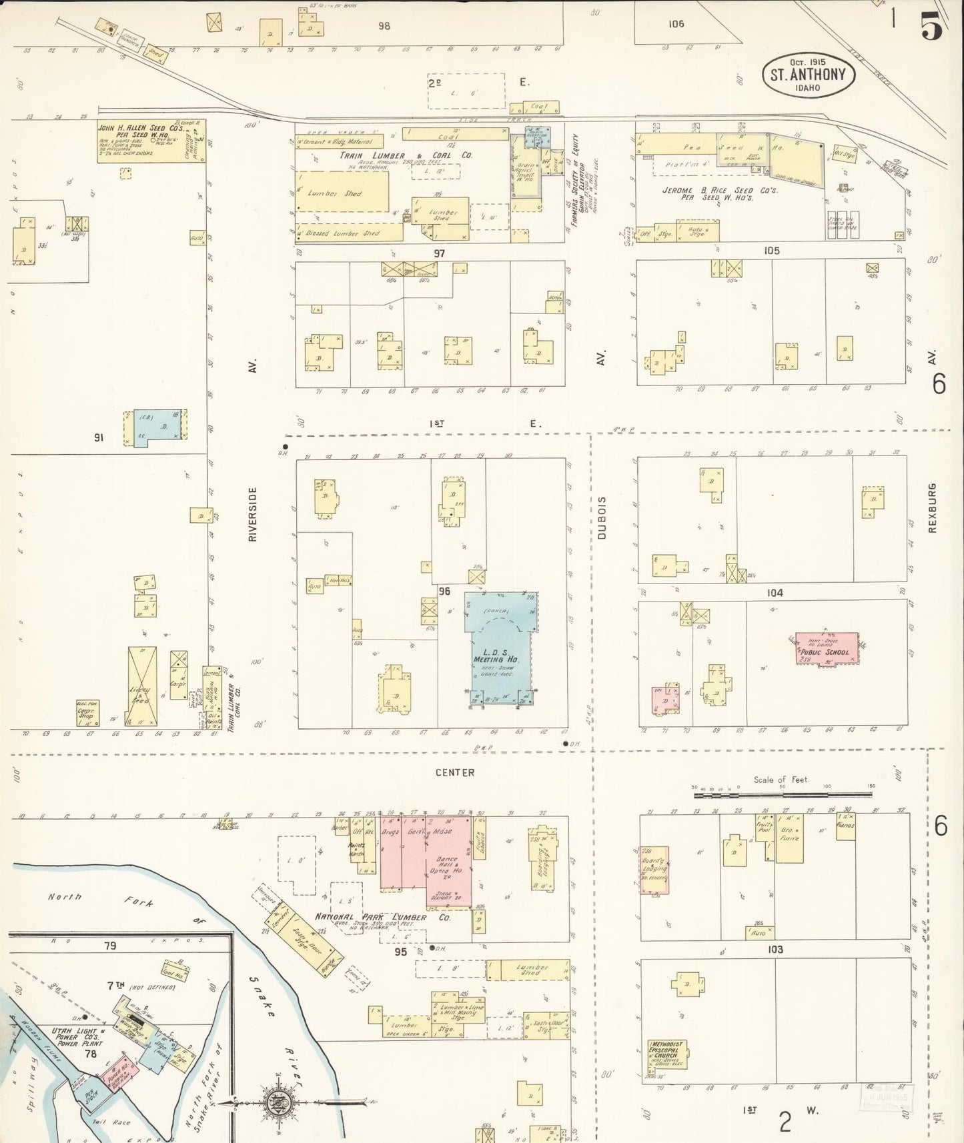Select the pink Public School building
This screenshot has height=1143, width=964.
click(x=827, y=648)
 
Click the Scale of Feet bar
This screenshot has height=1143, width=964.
click(x=783, y=795)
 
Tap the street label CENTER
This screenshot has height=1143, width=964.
click(x=454, y=772)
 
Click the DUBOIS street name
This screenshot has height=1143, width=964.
click(x=602, y=517)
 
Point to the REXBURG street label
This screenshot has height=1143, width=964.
click(x=932, y=507)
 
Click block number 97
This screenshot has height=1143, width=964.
click(x=439, y=253)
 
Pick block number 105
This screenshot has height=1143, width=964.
click(x=771, y=251)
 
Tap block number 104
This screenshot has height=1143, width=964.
click(x=775, y=593)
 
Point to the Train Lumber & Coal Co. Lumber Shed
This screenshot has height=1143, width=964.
click(x=342, y=193)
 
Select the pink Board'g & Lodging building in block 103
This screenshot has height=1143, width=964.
click(x=654, y=870)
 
